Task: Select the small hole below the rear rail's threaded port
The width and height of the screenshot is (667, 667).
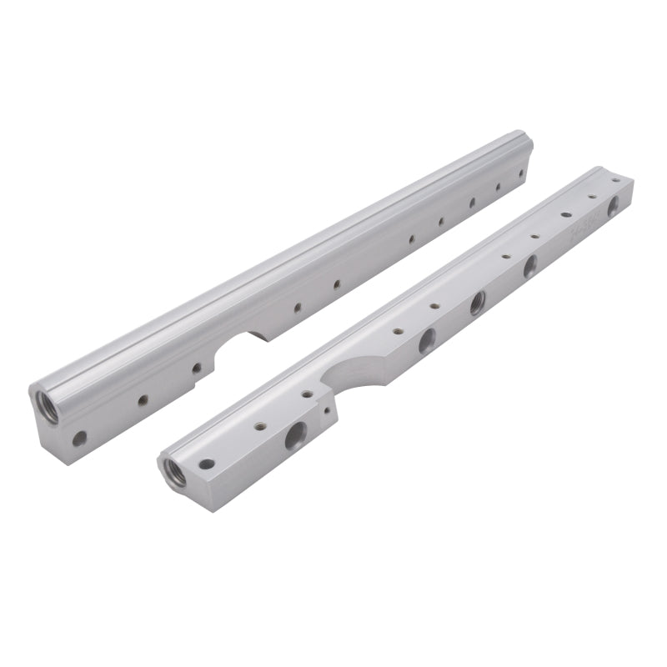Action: (x=80, y=436)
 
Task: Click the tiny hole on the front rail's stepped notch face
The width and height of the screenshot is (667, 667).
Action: (x=324, y=411)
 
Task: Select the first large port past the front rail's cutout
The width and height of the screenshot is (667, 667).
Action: (x=427, y=338)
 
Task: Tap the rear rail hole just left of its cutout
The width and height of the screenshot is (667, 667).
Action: (x=198, y=366)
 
